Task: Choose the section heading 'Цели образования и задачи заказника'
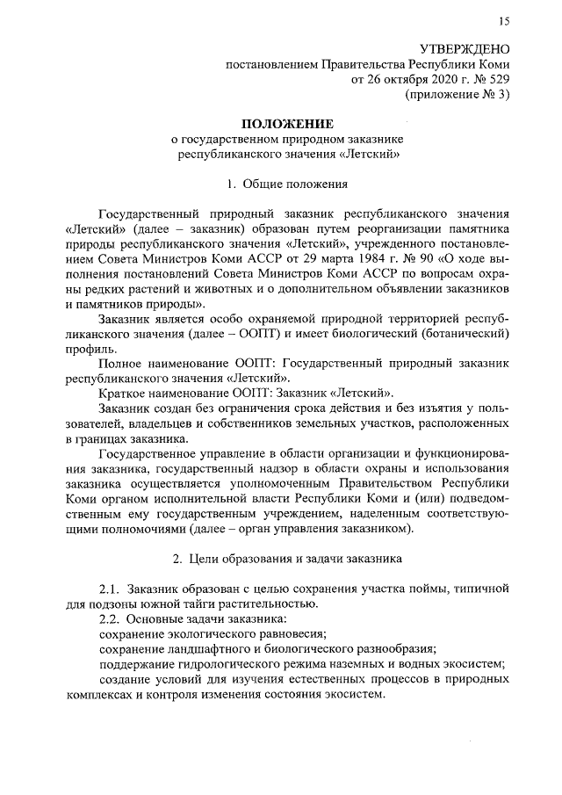pyautogui.click(x=296, y=557)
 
